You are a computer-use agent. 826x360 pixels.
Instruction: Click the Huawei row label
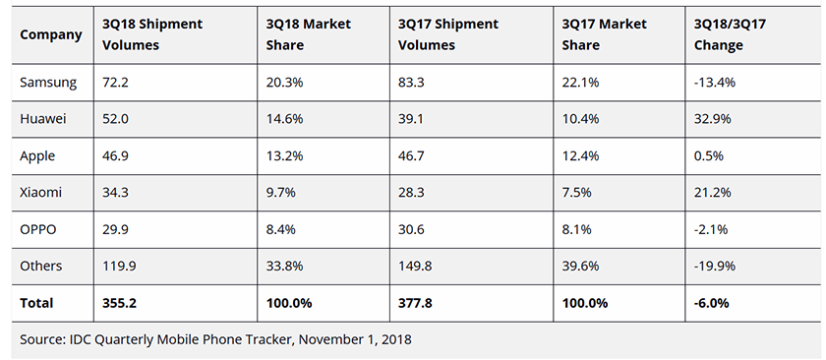pos(43,118)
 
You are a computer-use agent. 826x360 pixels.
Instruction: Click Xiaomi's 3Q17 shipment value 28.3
pos(413,192)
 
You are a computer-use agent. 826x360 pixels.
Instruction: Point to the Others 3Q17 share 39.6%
pos(575,266)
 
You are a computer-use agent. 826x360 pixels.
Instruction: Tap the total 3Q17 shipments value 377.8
pos(418,303)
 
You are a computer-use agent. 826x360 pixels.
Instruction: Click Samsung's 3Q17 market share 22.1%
pos(575,82)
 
